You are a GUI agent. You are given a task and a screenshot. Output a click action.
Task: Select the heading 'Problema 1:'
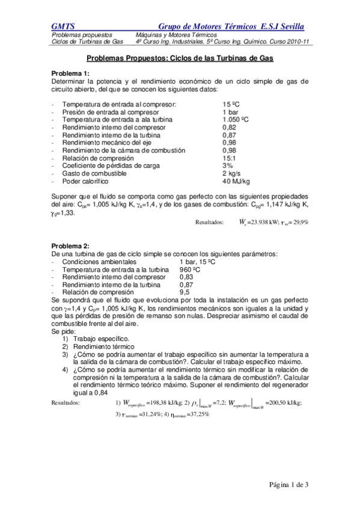click(x=71, y=72)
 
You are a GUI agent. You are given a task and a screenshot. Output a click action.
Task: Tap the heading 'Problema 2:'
click(x=71, y=247)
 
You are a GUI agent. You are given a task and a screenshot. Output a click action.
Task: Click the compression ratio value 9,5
click(x=185, y=293)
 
